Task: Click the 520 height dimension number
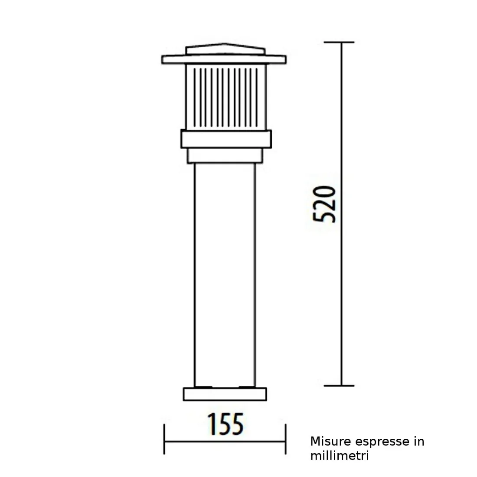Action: [x=324, y=204]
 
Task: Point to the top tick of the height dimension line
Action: [x=339, y=42]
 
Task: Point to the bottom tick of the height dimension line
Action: [x=339, y=385]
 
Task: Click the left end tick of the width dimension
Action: [x=164, y=439]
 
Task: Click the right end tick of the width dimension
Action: [x=285, y=439]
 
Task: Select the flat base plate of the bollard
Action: [x=225, y=394]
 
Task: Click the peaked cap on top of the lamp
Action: [x=225, y=49]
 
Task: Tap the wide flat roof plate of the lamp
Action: [x=224, y=59]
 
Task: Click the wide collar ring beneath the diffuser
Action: [x=226, y=139]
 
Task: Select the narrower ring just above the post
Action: [x=225, y=156]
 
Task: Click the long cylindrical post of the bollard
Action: [x=225, y=273]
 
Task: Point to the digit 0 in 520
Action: [x=324, y=193]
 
